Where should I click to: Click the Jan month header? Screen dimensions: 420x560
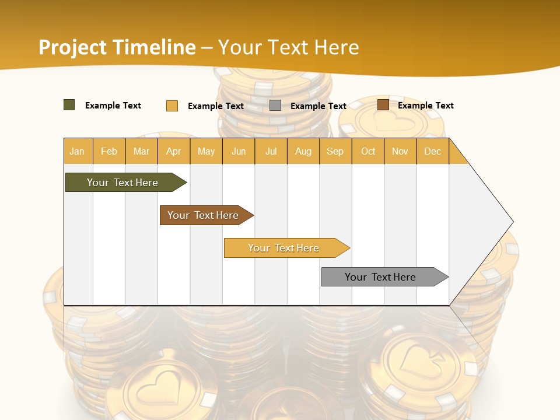[x=77, y=151]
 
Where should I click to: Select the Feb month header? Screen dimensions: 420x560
[x=109, y=151]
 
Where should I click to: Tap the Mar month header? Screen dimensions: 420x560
[x=141, y=151]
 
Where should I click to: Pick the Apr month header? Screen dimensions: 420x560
[x=174, y=151]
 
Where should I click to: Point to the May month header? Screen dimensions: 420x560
[x=206, y=151]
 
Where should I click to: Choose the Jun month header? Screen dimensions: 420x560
[x=239, y=151]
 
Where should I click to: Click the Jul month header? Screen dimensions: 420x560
[x=271, y=151]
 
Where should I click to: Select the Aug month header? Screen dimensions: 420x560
[x=303, y=151]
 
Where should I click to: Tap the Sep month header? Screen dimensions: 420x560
[x=335, y=151]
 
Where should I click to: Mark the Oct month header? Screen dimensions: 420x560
[x=368, y=151]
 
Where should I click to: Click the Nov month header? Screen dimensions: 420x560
[x=400, y=151]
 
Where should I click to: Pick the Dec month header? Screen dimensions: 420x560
[x=433, y=151]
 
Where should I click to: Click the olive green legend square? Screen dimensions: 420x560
[x=69, y=105]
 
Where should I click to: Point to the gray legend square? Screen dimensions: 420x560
[x=275, y=105]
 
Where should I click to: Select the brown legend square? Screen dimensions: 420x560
[x=383, y=105]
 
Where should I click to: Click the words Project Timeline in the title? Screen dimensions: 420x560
[x=117, y=47]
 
